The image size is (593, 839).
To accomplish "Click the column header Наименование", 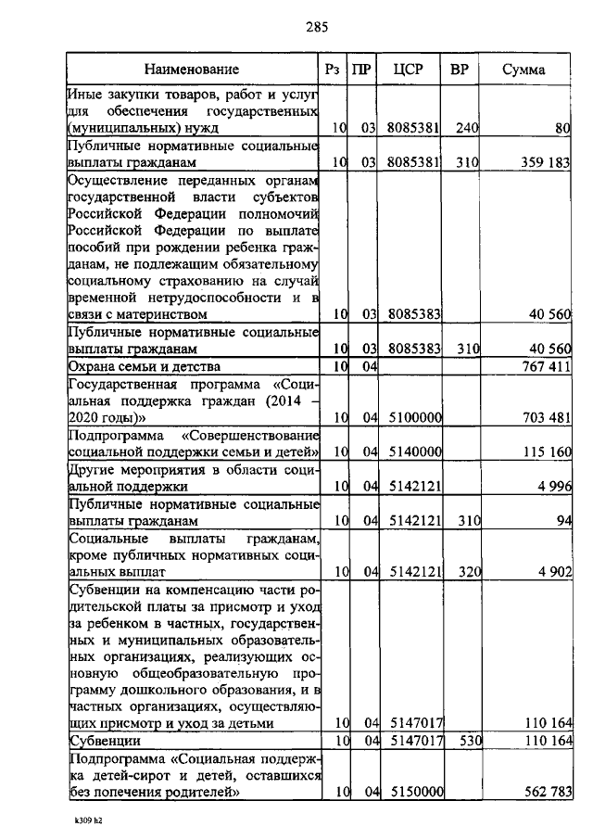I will click(x=192, y=70).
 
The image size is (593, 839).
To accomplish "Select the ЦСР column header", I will click(x=408, y=70).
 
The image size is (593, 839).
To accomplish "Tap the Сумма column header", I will click(x=524, y=70).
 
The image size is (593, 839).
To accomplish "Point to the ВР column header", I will click(x=459, y=70).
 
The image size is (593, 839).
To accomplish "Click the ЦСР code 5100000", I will click(x=414, y=418).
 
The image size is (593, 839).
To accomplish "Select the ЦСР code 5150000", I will click(x=414, y=792).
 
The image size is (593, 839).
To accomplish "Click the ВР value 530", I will click(x=466, y=741).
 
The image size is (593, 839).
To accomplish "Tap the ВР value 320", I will click(x=466, y=571).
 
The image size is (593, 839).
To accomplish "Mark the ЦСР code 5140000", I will click(x=414, y=451).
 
